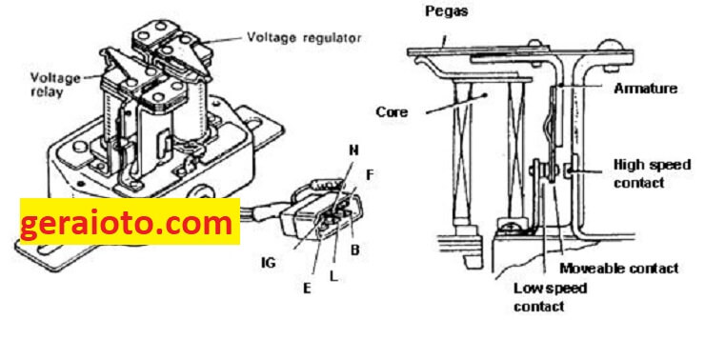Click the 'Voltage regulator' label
pos(304,37)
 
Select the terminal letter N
pos(353,150)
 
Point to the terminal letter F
pos(370,175)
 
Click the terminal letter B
pos(354,250)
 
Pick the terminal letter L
pos(333,276)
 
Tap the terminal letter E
pos(307,288)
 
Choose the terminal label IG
pos(269,263)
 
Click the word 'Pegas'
pos(447,10)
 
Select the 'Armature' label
pos(645,88)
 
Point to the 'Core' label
pos(393,111)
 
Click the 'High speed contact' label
pos(652,173)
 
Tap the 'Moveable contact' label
pos(618,269)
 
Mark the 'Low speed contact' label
pos(551,297)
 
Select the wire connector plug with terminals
pos(320,208)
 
